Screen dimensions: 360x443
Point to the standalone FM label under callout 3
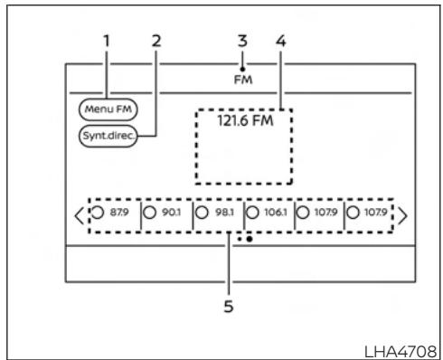pyautogui.click(x=241, y=80)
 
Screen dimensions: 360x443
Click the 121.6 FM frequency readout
pyautogui.click(x=241, y=119)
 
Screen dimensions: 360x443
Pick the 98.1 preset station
pyautogui.click(x=220, y=215)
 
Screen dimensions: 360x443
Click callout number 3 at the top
pyautogui.click(x=241, y=40)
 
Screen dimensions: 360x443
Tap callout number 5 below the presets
pyautogui.click(x=229, y=306)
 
